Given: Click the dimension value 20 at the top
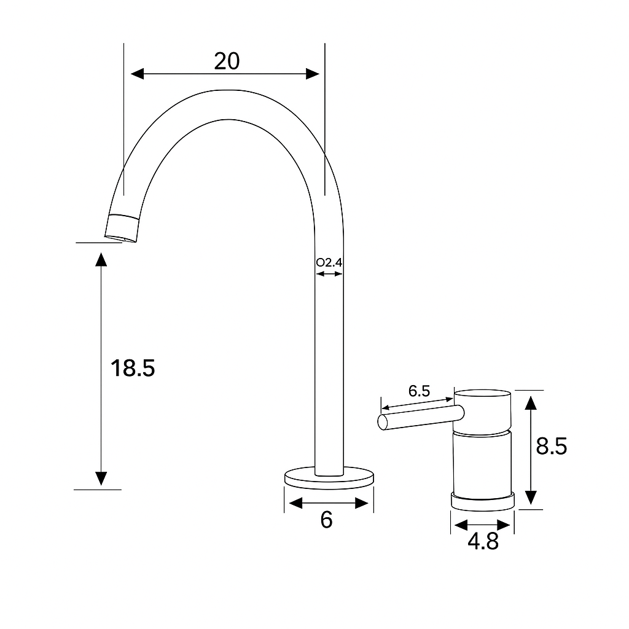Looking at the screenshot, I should pos(227,61).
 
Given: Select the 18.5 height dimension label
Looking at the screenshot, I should pos(133,368).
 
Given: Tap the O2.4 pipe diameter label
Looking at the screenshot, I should pos(329,263).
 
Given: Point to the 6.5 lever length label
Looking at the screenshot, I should pos(419,391).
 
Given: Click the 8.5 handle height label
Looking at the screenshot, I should pos(551,447).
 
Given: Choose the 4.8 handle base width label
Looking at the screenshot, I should pos(483,542).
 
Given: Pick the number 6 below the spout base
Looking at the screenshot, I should pos(326,520).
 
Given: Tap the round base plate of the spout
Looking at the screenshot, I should pos(329,478).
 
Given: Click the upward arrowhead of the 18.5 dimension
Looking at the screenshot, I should pos(101,260).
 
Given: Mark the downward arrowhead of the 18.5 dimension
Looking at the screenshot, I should pos(101,478).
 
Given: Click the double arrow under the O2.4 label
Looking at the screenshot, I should pos(329,273).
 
